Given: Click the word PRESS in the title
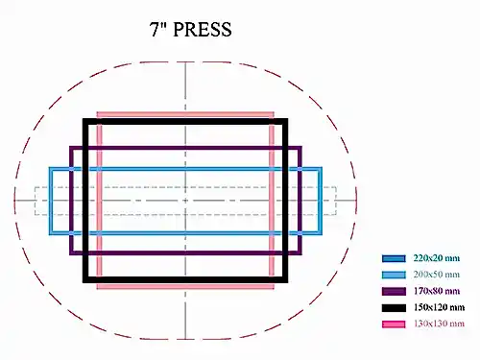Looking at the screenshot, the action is [x=203, y=30].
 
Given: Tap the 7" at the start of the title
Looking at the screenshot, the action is [x=158, y=29].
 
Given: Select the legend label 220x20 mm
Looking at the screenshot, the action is [x=437, y=258].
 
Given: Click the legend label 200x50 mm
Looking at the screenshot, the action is [x=437, y=275].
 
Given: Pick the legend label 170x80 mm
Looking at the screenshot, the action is [x=437, y=291].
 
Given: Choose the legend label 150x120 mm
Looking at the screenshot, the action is [x=439, y=307].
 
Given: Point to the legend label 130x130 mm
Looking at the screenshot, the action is [x=439, y=324].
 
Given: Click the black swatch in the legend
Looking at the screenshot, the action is [x=394, y=307].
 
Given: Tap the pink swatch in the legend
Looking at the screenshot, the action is [x=394, y=324].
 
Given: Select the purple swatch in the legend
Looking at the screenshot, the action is [x=394, y=291].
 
